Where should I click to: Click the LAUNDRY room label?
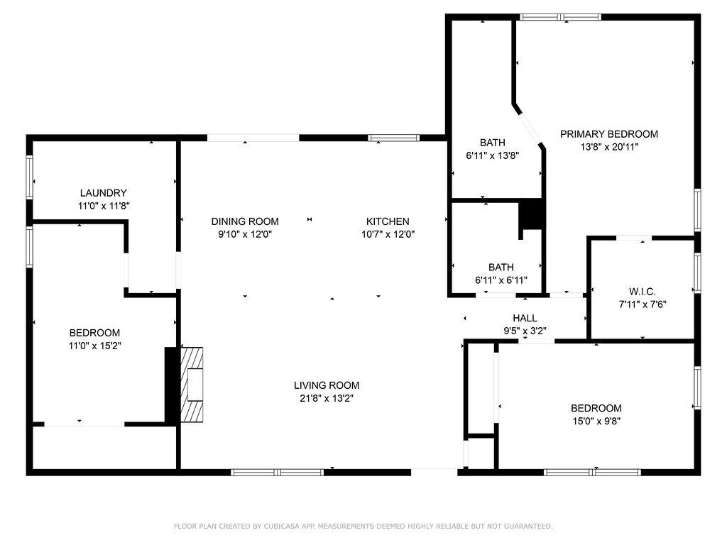[104, 193]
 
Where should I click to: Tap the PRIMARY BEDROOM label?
[608, 134]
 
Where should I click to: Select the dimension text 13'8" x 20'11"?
[608, 148]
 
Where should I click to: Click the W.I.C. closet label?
[642, 292]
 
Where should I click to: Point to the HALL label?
[525, 318]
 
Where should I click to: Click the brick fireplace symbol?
[191, 384]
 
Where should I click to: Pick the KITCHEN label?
[387, 221]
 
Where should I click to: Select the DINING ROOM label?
[245, 221]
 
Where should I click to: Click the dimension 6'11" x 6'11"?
[501, 280]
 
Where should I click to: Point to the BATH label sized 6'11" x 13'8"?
[492, 143]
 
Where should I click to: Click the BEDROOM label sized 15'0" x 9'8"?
[596, 408]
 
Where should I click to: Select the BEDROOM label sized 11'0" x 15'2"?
[94, 333]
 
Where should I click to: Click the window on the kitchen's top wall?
[393, 138]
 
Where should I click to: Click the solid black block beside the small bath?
[530, 216]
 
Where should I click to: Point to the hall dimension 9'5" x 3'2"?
[525, 331]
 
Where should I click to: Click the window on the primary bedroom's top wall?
[560, 17]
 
